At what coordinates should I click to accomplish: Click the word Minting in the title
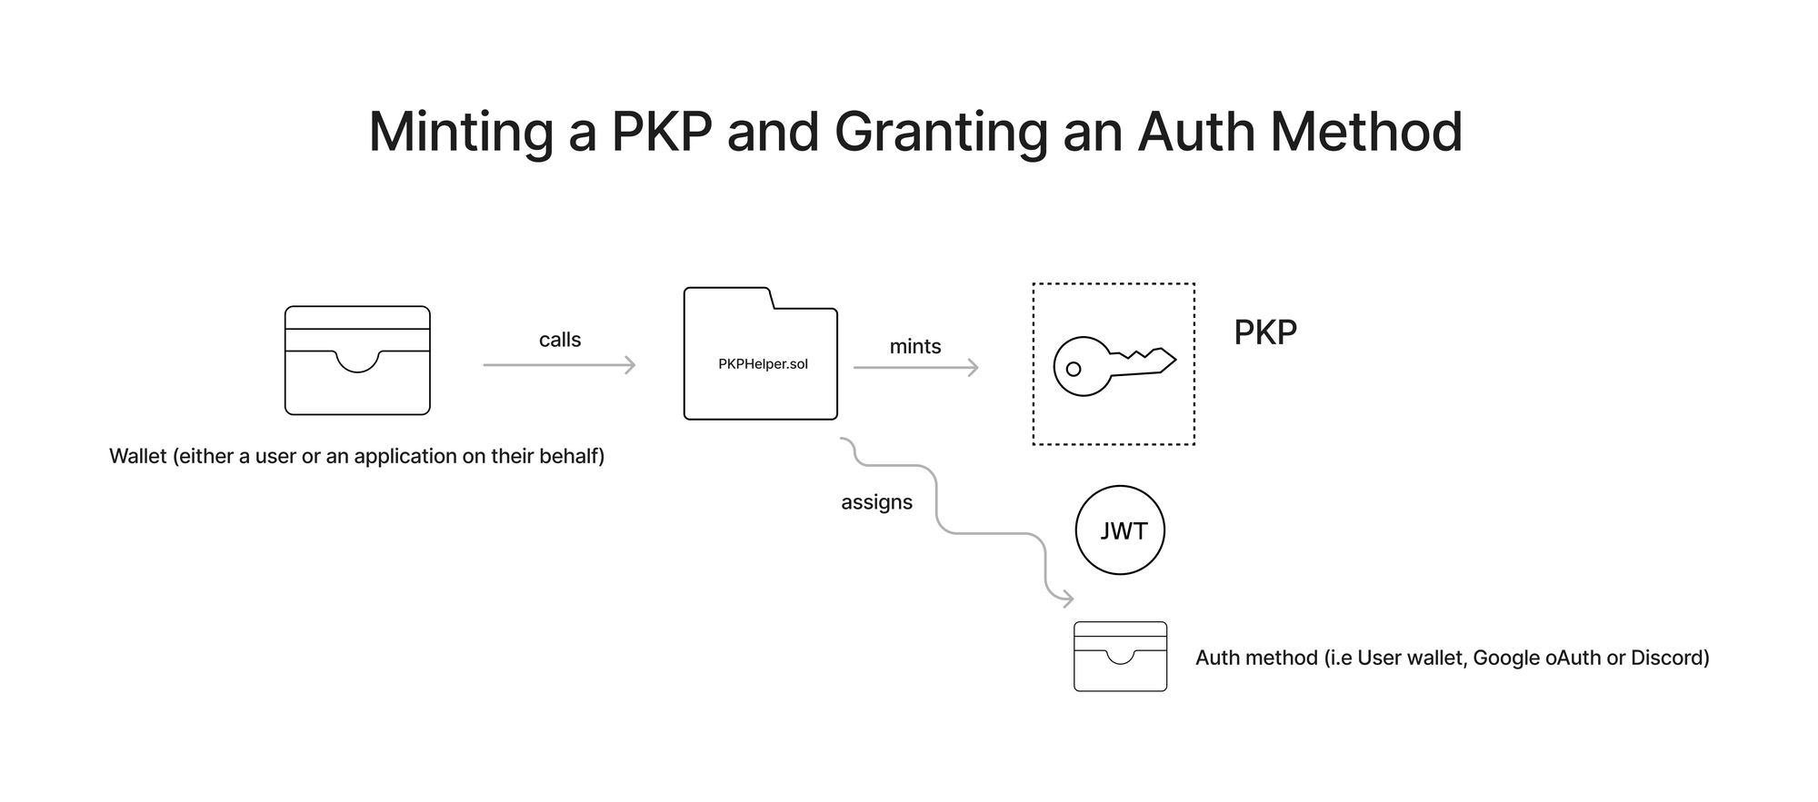point(461,133)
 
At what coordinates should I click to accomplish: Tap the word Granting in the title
point(940,133)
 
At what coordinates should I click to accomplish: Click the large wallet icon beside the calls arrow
point(357,361)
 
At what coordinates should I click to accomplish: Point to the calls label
point(560,340)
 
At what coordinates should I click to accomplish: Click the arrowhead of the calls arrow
point(630,365)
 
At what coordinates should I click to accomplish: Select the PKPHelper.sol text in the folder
point(763,364)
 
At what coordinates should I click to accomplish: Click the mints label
point(915,346)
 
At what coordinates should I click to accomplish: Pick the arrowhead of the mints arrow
point(974,368)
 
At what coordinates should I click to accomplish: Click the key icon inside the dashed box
point(1114,366)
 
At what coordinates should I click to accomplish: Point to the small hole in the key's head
point(1074,369)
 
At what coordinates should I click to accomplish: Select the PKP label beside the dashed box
point(1264,332)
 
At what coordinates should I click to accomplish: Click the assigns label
point(876,502)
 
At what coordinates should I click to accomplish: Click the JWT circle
point(1120,530)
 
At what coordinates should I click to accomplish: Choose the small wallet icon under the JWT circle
point(1120,657)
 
